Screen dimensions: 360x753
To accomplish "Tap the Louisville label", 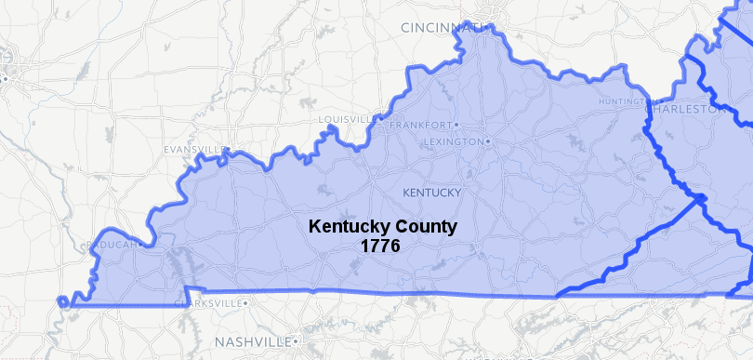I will click(x=345, y=120).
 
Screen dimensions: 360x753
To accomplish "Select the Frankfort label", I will click(x=420, y=125).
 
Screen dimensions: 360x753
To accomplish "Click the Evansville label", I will click(x=194, y=150).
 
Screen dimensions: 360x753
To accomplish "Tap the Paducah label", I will click(x=111, y=246).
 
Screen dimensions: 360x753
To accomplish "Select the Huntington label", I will click(x=621, y=100).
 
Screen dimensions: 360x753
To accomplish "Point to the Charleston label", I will click(x=683, y=109).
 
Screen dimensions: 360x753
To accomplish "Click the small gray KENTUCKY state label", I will click(x=431, y=193).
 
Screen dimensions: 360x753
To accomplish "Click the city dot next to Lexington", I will click(x=487, y=141).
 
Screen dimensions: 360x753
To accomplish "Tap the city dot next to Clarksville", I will click(x=246, y=303).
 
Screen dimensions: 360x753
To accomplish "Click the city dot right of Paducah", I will click(x=141, y=246).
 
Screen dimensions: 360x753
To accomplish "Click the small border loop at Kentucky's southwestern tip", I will click(x=62, y=301).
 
